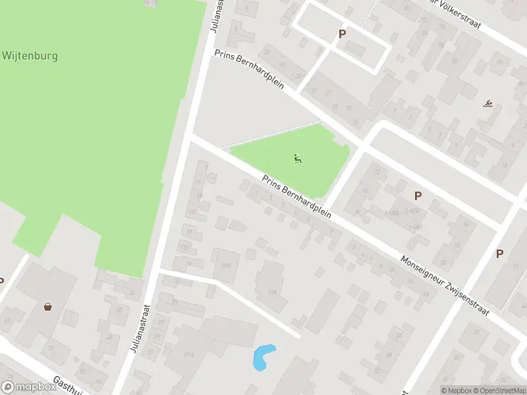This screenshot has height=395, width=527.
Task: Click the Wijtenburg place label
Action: tap(30, 56)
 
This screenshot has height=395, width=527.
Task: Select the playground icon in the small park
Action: tap(298, 158)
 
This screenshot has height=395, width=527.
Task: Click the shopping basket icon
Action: tap(47, 306)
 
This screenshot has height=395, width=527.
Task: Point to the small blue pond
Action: tap(262, 357)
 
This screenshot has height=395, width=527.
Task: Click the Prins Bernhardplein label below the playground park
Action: tap(296, 198)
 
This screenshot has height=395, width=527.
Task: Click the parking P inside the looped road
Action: tap(342, 34)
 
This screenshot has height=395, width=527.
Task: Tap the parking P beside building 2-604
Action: tap(417, 196)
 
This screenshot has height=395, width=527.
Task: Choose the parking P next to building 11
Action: tap(499, 253)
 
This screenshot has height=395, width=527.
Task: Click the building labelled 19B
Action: tap(226, 265)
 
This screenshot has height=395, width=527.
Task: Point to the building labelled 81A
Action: tap(189, 354)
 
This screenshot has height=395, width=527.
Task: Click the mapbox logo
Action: tap(28, 387)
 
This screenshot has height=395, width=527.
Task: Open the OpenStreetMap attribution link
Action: tap(499, 390)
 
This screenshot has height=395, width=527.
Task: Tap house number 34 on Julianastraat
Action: tap(132, 292)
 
